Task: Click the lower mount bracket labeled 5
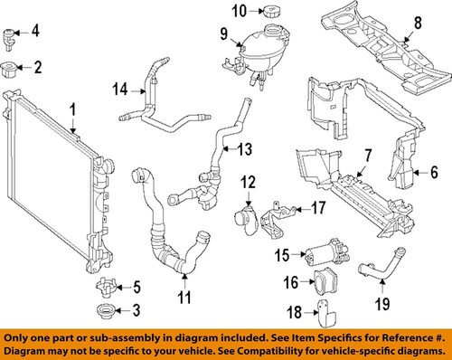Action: coord(106,289)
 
